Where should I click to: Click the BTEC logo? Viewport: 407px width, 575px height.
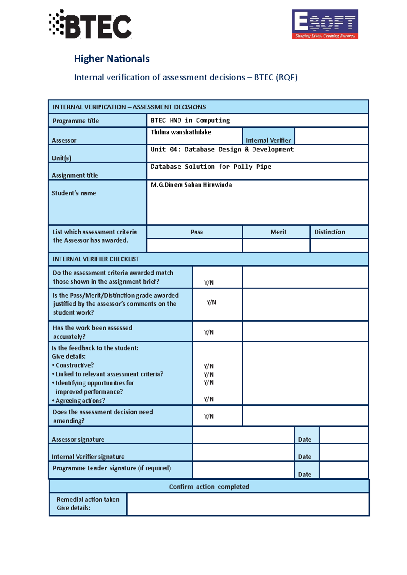[90, 24]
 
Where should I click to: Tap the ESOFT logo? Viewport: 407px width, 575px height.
[325, 24]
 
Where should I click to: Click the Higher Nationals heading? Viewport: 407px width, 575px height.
[112, 59]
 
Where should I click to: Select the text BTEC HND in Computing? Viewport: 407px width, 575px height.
[190, 120]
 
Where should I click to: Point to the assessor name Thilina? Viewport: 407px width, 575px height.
[181, 132]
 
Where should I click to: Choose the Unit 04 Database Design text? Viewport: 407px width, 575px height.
[222, 149]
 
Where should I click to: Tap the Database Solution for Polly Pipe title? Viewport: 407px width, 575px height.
[211, 167]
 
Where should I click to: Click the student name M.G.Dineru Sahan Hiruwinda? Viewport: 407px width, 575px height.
[191, 185]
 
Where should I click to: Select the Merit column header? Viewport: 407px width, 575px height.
[278, 232]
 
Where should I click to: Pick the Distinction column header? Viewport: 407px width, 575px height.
[329, 232]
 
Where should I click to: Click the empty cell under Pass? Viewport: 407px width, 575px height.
[194, 246]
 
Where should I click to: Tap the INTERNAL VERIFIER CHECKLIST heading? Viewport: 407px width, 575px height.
[96, 259]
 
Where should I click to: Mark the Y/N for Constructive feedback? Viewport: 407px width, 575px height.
[209, 366]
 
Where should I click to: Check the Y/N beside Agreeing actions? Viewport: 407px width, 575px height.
[209, 399]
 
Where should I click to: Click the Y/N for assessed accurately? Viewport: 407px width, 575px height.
[209, 332]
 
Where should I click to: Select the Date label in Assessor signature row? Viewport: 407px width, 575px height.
[305, 440]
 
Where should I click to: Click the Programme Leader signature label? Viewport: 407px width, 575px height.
[112, 468]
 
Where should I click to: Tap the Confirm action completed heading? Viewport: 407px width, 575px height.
[209, 487]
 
